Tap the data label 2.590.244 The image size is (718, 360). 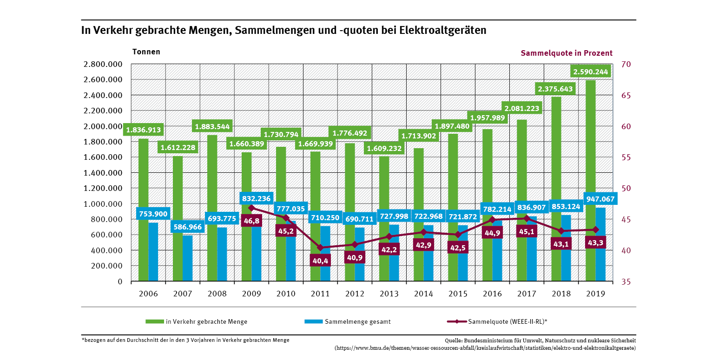click(590, 72)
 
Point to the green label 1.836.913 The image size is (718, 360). click(143, 131)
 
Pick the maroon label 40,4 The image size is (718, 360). click(320, 261)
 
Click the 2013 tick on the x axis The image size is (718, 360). click(389, 294)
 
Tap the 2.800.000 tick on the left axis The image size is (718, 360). click(103, 65)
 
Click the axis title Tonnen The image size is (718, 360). click(146, 52)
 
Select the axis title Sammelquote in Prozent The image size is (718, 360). click(566, 53)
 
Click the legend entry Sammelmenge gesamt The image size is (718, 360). click(357, 321)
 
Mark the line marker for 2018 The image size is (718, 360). click(561, 231)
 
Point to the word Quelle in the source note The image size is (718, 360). click(453, 340)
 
